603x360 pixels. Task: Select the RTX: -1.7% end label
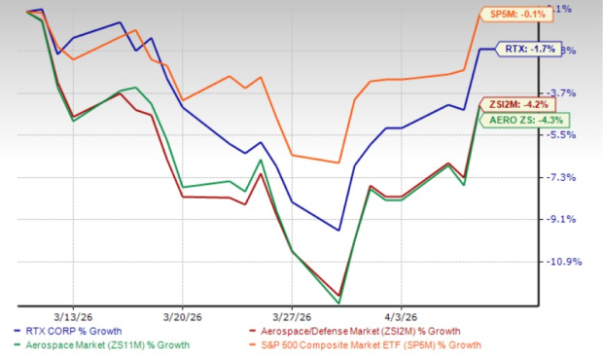(528, 48)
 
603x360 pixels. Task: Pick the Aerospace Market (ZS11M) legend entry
(107, 345)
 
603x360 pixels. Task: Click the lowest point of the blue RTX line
(338, 231)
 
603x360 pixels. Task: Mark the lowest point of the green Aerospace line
(338, 303)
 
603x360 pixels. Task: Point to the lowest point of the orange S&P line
(338, 162)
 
